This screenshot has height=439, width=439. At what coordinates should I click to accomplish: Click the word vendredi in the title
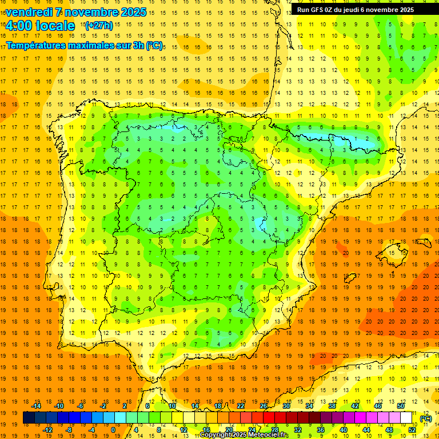coord(30,12)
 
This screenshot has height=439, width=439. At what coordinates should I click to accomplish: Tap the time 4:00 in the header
coord(18,26)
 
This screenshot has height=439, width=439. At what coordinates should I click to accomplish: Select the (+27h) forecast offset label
coord(98,26)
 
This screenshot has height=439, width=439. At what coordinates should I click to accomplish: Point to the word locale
coord(55,26)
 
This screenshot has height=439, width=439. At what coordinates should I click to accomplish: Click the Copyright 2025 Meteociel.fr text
coord(244,435)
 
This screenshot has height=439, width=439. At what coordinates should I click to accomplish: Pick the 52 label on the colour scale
coord(412,430)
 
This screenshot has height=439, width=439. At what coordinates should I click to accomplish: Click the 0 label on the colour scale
coord(113,430)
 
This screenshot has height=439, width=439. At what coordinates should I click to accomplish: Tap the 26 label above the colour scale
coord(264,406)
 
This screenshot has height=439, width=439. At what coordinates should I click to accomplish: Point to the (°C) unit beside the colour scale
coord(426,418)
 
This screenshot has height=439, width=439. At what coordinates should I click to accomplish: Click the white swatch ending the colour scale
coord(406,418)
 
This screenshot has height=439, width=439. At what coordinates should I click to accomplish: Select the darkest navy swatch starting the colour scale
coord(29,418)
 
